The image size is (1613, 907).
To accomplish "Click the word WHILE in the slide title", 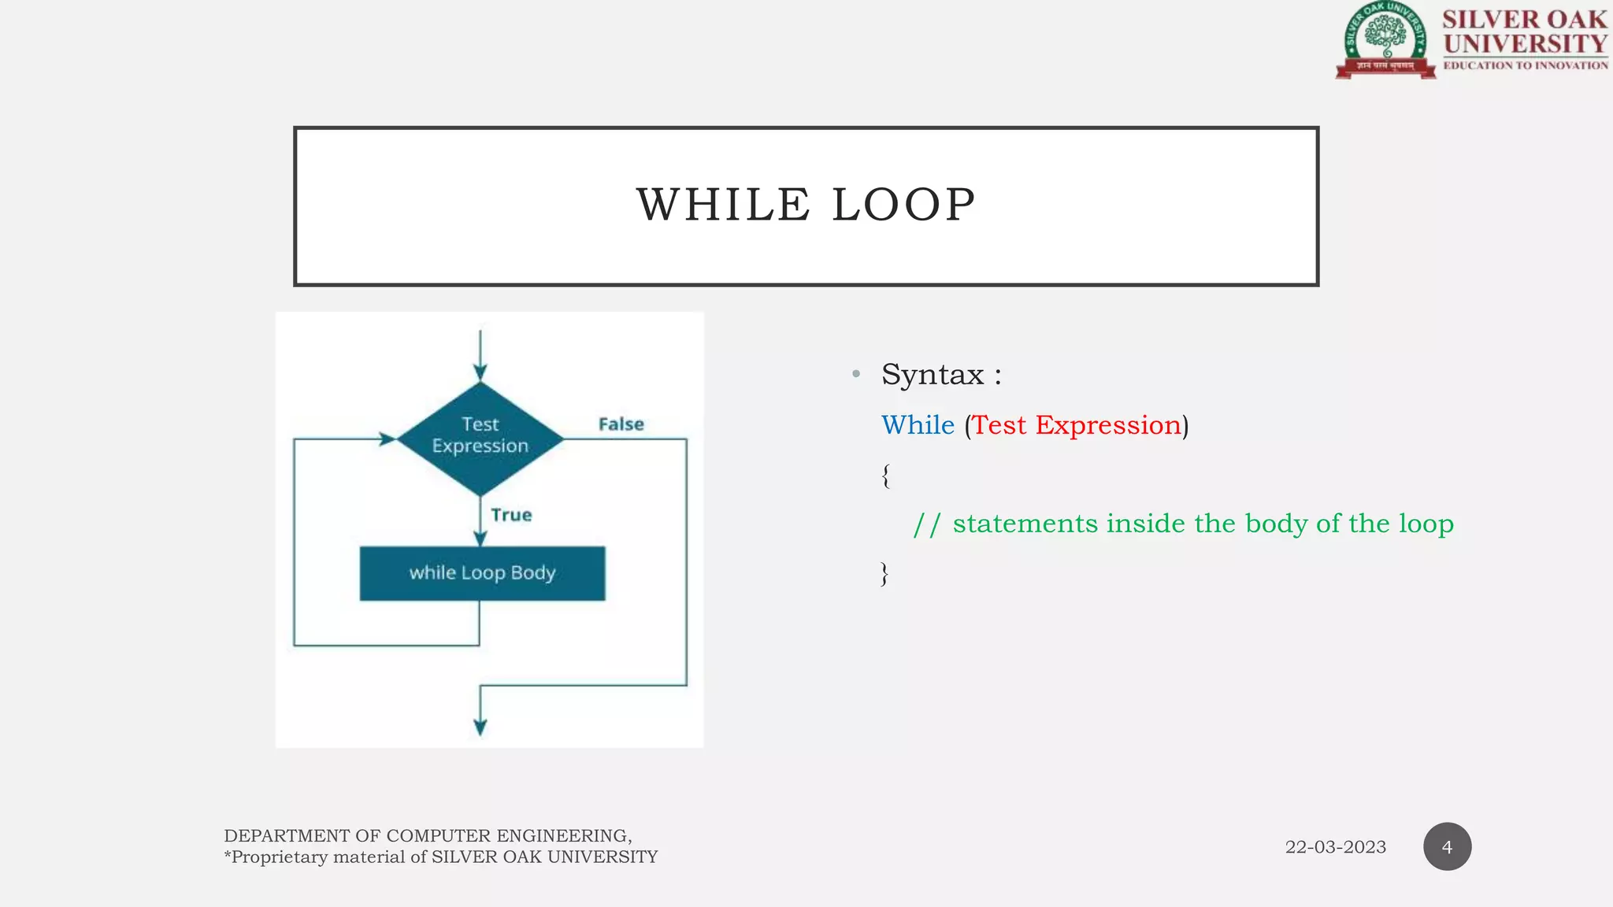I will click(723, 205).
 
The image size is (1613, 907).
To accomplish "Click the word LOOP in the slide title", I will click(903, 205).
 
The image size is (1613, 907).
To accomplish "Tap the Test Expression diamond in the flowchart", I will click(480, 438).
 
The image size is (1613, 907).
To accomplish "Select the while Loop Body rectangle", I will click(482, 573).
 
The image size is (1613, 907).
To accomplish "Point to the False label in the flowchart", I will click(621, 424).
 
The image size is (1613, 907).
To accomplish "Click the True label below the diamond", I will click(511, 515).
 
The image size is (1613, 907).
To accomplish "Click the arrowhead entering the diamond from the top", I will click(480, 372).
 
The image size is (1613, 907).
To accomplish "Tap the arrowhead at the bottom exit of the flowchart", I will click(480, 727).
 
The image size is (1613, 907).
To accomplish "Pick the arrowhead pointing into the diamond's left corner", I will click(387, 439).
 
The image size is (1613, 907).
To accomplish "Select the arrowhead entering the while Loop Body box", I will click(480, 539).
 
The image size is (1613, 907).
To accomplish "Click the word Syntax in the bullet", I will click(933, 375).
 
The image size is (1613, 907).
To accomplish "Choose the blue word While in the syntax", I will click(918, 425).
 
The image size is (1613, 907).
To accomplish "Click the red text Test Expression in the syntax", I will click(1077, 425).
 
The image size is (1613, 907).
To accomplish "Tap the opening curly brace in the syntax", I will click(886, 476).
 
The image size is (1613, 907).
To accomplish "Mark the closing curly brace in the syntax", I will click(884, 574).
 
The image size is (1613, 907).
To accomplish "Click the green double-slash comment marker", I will click(927, 524).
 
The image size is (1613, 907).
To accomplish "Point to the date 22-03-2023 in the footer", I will click(1335, 847).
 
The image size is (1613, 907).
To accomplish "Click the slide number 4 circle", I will click(1447, 847).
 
